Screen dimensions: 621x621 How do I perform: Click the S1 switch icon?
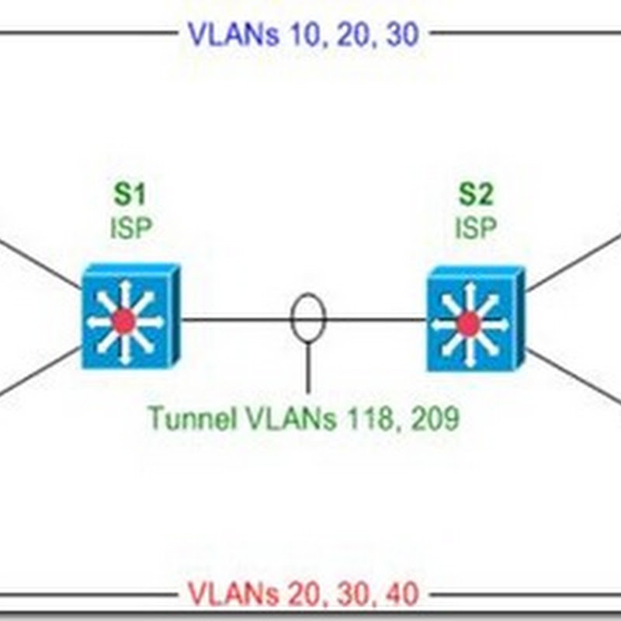point(130,317)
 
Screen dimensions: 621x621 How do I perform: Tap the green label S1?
point(130,194)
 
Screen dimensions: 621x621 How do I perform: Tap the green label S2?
point(475,194)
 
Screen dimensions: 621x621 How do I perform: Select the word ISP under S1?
point(130,228)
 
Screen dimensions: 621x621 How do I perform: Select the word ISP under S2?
point(475,228)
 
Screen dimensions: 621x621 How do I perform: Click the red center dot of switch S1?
point(123,321)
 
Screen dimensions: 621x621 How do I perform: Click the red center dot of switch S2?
point(468,323)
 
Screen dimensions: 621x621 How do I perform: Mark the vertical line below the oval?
point(308,369)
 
